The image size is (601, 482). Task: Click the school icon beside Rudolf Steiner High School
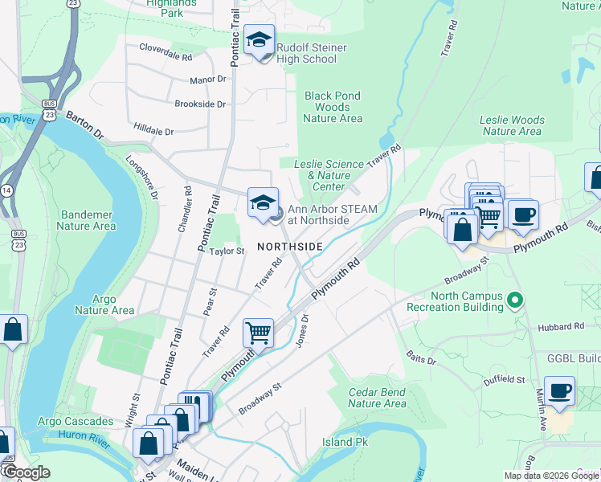tap(260, 40)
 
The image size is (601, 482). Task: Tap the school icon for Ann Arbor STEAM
tap(263, 204)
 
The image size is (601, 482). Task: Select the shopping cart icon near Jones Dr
tap(258, 332)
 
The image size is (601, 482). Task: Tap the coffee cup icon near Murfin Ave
tap(559, 391)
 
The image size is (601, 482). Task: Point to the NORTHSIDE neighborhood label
tap(290, 246)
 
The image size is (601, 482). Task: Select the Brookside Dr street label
tap(200, 104)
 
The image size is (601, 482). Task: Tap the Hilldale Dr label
tap(153, 129)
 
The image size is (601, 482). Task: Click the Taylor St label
tap(227, 251)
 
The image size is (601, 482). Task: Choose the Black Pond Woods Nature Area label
tap(333, 107)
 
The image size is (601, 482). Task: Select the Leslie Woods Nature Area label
tap(512, 125)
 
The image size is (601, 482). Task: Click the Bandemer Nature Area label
tap(86, 220)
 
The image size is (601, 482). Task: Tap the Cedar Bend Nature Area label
tap(378, 398)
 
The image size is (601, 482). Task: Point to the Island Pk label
tap(339, 442)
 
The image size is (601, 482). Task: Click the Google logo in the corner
tap(26, 472)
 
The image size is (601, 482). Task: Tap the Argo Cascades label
tap(76, 421)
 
